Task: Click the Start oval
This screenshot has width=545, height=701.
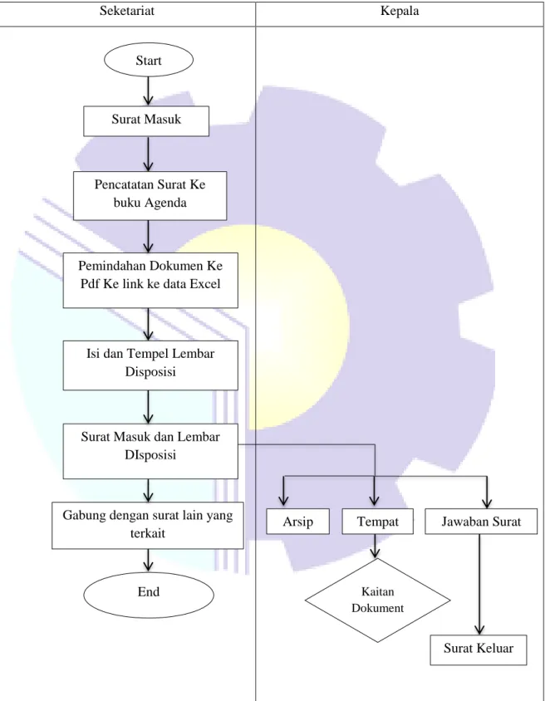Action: tap(149, 60)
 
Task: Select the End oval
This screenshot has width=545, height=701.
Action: tap(149, 594)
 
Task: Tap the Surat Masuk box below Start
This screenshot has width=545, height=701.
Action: tap(146, 120)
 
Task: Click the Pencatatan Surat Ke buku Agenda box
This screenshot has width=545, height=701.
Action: tap(150, 195)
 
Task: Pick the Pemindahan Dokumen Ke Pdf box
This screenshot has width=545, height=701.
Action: tap(150, 280)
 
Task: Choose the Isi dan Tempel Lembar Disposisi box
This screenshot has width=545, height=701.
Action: tap(150, 365)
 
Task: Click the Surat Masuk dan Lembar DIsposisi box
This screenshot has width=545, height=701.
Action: tap(150, 451)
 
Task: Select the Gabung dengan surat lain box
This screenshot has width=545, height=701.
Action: tap(148, 525)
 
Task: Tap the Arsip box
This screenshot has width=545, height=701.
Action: tap(297, 522)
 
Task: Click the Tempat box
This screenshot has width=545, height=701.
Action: tap(378, 522)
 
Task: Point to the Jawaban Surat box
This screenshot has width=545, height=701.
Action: tap(481, 522)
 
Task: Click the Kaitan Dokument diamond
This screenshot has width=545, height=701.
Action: tap(378, 600)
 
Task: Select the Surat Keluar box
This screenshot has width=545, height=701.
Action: tap(479, 650)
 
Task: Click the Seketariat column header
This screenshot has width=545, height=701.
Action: tap(127, 11)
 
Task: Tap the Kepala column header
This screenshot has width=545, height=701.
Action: tap(400, 11)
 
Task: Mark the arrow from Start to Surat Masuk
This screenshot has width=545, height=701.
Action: tap(148, 91)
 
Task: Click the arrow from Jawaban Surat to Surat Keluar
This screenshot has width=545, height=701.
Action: tap(479, 585)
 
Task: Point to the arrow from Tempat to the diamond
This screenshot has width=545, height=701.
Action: tap(376, 546)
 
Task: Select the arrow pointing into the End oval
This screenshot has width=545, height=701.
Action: tap(148, 561)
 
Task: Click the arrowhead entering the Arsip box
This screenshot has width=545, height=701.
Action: tap(283, 501)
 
